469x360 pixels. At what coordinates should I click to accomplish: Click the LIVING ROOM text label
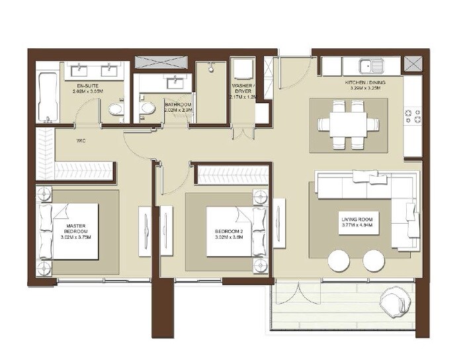point(357,222)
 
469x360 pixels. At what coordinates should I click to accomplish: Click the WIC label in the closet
point(81,140)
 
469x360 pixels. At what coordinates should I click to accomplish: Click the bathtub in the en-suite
point(46,98)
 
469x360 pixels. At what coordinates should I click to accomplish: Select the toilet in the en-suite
point(115,109)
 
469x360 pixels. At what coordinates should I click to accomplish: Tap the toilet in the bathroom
point(147,108)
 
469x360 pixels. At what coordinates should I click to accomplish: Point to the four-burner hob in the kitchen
point(412,116)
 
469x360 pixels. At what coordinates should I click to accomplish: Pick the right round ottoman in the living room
point(374,260)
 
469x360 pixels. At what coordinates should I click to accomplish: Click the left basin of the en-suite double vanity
point(82,68)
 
